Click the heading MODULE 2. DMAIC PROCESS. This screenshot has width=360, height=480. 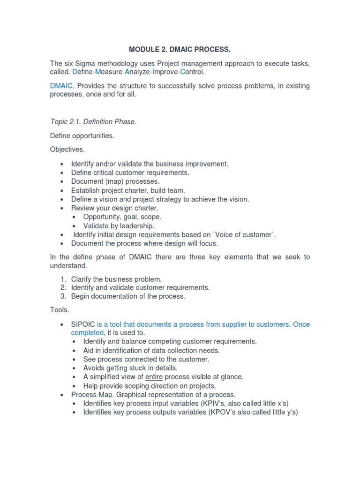point(180,49)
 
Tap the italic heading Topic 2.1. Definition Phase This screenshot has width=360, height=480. point(93,122)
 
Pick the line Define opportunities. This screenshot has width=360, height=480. point(82,136)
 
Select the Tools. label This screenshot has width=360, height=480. point(59,310)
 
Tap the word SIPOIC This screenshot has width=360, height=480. point(83,324)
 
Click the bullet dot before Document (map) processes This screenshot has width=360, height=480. point(62,182)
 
